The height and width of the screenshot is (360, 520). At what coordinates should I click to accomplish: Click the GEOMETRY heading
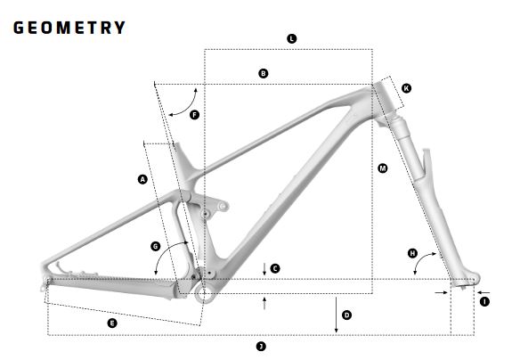coord(69,28)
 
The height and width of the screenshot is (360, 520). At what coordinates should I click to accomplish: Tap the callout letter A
coord(142,179)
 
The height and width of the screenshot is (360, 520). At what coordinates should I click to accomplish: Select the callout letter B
coord(263,73)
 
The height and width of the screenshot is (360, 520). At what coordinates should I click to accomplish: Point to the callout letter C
coord(275,268)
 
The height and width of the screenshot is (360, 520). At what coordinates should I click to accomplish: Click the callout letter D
coord(346,315)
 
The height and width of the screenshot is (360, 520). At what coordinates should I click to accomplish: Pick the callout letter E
coord(112,323)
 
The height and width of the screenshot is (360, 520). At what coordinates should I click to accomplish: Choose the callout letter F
coord(194,115)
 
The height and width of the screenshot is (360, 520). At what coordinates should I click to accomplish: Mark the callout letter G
coord(156,246)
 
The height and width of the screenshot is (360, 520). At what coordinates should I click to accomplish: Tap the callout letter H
coord(412,254)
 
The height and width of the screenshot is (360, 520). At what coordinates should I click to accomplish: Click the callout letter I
coord(484,302)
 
